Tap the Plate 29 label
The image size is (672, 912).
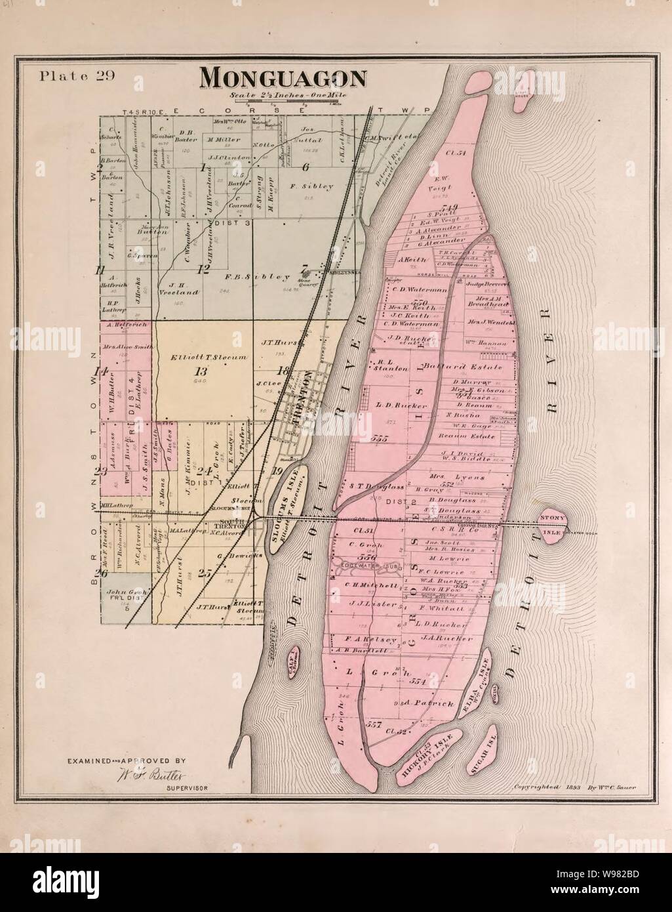tap(77, 74)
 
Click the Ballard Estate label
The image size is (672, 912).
tap(452, 366)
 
